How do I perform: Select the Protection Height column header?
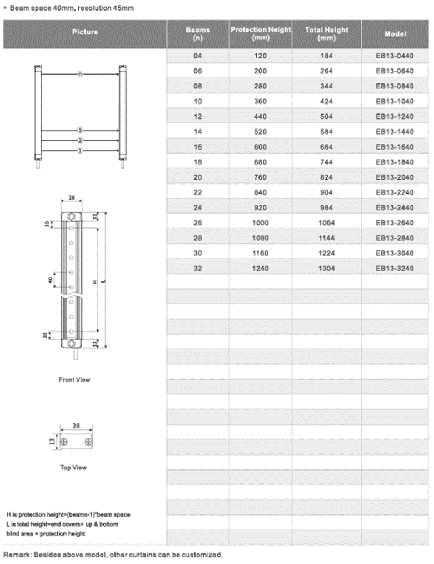[x=260, y=33]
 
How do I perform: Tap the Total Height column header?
[x=326, y=33]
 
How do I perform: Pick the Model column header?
[x=395, y=34]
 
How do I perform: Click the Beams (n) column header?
[x=198, y=33]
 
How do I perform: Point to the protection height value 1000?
[x=260, y=223]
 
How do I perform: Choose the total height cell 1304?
[x=326, y=268]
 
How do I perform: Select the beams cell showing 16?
[x=198, y=147]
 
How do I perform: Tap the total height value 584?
[x=326, y=132]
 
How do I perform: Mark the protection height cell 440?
[x=260, y=117]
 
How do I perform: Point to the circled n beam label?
[x=80, y=74]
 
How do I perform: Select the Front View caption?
[x=74, y=380]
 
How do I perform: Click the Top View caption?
[x=74, y=468]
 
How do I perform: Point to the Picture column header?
[x=85, y=32]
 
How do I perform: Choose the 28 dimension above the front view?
[x=71, y=197]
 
